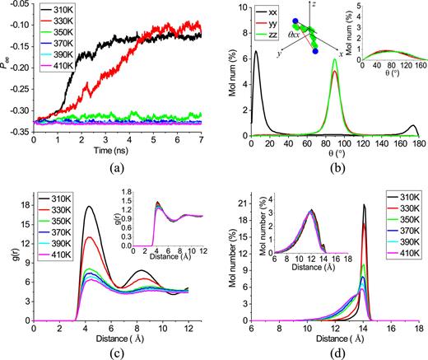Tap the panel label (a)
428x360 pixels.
[113, 167]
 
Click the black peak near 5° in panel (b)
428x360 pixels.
[257, 52]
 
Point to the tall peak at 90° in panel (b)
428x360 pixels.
[334, 60]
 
